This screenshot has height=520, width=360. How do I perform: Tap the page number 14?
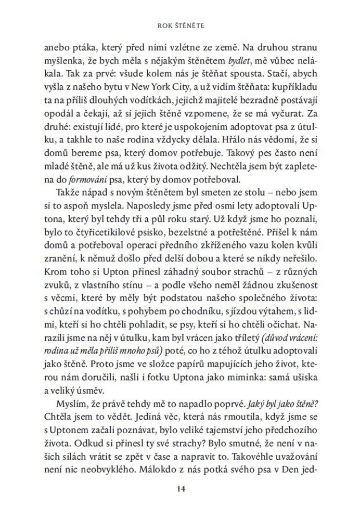click(181, 488)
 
